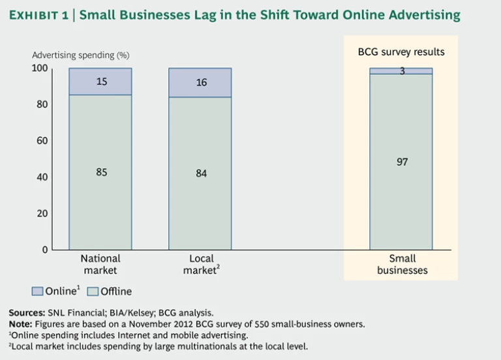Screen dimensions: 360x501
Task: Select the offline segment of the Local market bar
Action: tap(200, 202)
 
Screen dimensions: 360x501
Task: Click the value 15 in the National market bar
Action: tap(101, 82)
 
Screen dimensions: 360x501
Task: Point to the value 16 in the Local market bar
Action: tap(201, 83)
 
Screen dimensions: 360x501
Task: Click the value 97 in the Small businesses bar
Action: tap(402, 162)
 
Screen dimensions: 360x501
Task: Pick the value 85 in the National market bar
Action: tap(101, 173)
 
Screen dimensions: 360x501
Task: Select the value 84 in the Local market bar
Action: tap(201, 173)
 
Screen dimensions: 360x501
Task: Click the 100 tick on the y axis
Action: tap(40, 68)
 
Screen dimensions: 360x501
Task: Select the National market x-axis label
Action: tap(100, 264)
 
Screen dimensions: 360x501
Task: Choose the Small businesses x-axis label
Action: tap(402, 264)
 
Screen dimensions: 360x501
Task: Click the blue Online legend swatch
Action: tap(37, 291)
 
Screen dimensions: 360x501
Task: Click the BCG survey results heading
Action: tap(401, 51)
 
